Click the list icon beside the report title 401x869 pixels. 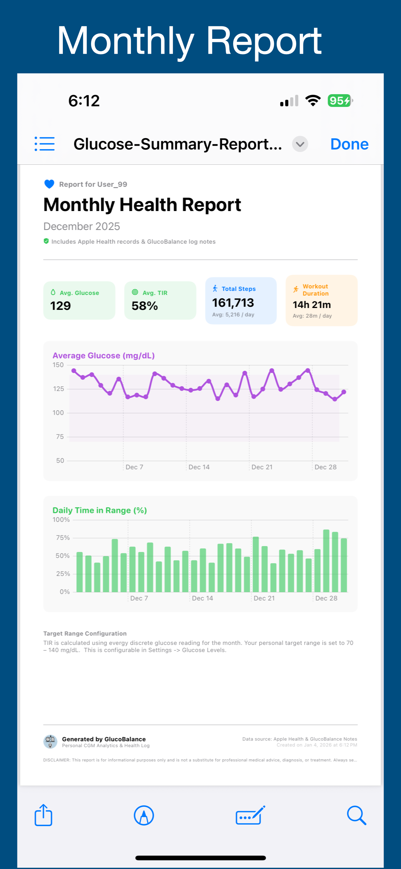click(x=44, y=144)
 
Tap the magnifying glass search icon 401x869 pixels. click(x=357, y=815)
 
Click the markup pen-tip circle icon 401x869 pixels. click(x=144, y=815)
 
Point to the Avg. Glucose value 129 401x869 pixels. click(x=60, y=306)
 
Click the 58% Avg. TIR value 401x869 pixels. click(x=145, y=306)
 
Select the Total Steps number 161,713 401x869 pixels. click(x=233, y=303)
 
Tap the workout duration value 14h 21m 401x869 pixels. click(x=311, y=305)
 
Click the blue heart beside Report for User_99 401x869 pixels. click(x=49, y=184)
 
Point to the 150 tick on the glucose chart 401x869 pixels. click(x=58, y=365)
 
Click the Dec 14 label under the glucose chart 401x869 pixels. click(x=199, y=467)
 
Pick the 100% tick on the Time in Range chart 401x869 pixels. click(x=61, y=520)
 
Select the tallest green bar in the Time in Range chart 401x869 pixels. click(x=326, y=561)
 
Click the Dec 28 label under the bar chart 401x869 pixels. click(x=326, y=598)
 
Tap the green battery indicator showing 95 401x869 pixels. click(x=339, y=100)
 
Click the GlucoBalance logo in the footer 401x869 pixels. click(x=50, y=742)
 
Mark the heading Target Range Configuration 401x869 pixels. click(x=85, y=633)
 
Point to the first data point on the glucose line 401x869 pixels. click(x=74, y=371)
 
